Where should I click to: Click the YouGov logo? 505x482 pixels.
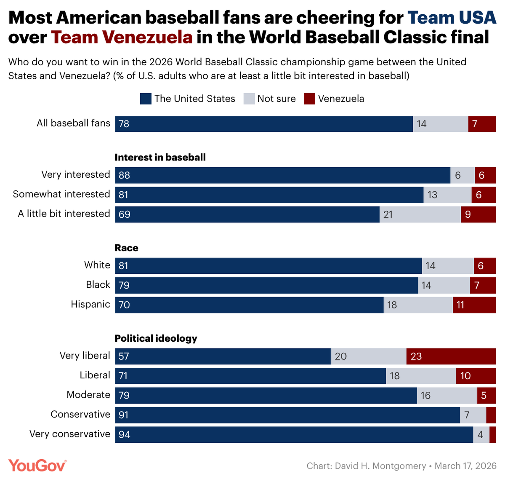point(37,465)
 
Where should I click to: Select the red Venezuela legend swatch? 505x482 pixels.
point(309,99)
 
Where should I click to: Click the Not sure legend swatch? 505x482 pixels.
point(249,99)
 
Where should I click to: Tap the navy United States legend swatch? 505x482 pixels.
point(146,99)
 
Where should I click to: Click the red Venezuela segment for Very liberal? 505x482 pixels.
point(451,356)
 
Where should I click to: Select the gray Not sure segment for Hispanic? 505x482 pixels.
point(418,305)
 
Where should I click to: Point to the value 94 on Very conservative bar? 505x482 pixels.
point(125,434)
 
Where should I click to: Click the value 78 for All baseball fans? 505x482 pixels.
point(124,124)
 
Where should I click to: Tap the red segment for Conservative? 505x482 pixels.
point(491,415)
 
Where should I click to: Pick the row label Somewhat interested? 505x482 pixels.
point(61,194)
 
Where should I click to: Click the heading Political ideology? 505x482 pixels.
point(156,338)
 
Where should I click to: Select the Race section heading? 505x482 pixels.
point(126,248)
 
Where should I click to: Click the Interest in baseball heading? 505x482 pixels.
point(160,157)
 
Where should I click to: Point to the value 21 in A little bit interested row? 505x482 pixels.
point(388,214)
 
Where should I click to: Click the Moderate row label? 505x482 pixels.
point(88,395)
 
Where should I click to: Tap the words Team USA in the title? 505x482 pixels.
point(452,18)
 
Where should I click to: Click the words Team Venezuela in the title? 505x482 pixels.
point(122,37)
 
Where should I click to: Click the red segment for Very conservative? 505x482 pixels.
point(492,434)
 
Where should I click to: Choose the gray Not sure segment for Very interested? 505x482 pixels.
point(462,175)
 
